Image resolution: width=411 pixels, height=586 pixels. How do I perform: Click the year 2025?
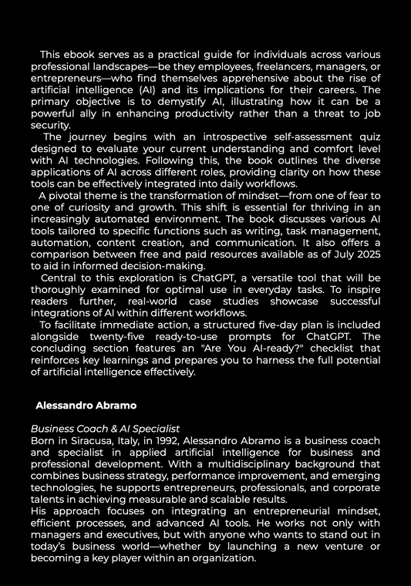pos(366,253)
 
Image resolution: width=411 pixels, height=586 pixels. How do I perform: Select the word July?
pos(335,253)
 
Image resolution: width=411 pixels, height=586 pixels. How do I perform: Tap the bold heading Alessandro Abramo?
pos(86,405)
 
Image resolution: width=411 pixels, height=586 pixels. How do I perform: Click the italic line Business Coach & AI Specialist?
pos(105,429)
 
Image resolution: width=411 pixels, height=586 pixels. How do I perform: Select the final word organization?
pos(221,557)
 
